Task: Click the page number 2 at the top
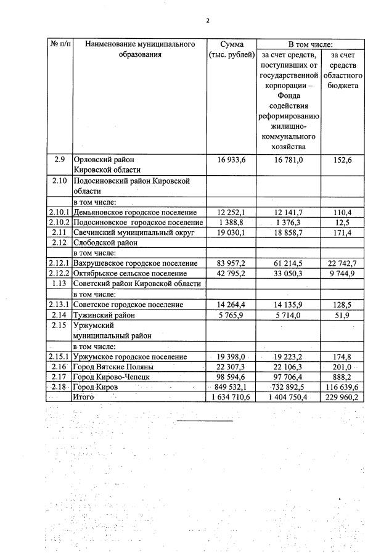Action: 208,20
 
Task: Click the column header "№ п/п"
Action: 60,44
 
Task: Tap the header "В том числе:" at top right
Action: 310,44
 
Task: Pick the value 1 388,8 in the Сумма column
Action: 231,222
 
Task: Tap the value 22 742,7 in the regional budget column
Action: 345,263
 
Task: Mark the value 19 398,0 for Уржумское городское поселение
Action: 231,357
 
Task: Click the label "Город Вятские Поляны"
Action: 113,367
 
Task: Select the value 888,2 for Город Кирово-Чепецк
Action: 345,377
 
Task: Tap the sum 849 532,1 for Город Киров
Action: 231,387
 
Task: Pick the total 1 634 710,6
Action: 231,398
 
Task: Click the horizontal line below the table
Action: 205,421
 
